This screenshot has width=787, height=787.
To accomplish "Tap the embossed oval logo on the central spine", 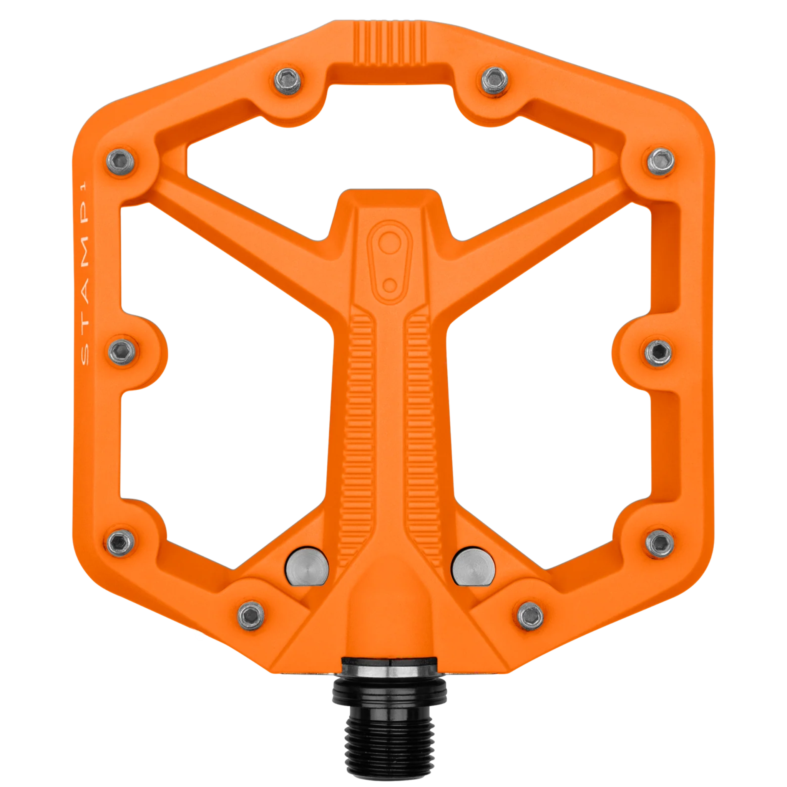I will pos(389,262).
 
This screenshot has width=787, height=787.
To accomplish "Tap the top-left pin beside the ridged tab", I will pos(287,81).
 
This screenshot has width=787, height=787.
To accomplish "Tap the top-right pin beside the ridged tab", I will pos(495,81).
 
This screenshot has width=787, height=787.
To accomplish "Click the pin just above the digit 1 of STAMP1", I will pos(120,161).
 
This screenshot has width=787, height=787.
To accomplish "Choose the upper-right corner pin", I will pos(661,161).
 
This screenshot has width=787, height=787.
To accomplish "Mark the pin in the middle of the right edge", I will pos(659,352).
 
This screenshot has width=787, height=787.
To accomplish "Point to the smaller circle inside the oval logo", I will pos(390,285).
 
